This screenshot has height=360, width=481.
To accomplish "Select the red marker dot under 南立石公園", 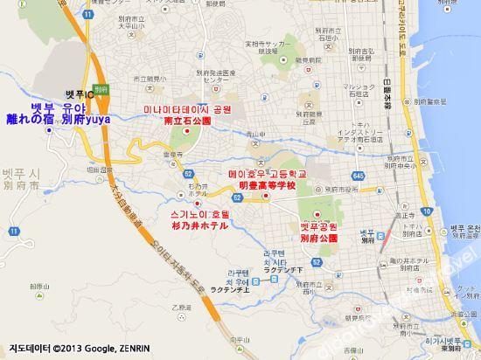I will tap(187, 133).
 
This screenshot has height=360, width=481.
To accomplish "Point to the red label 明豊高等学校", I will tap(261, 186).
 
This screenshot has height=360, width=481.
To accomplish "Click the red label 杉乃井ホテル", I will tap(200, 225).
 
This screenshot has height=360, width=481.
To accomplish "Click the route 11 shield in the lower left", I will tap(14, 230).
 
